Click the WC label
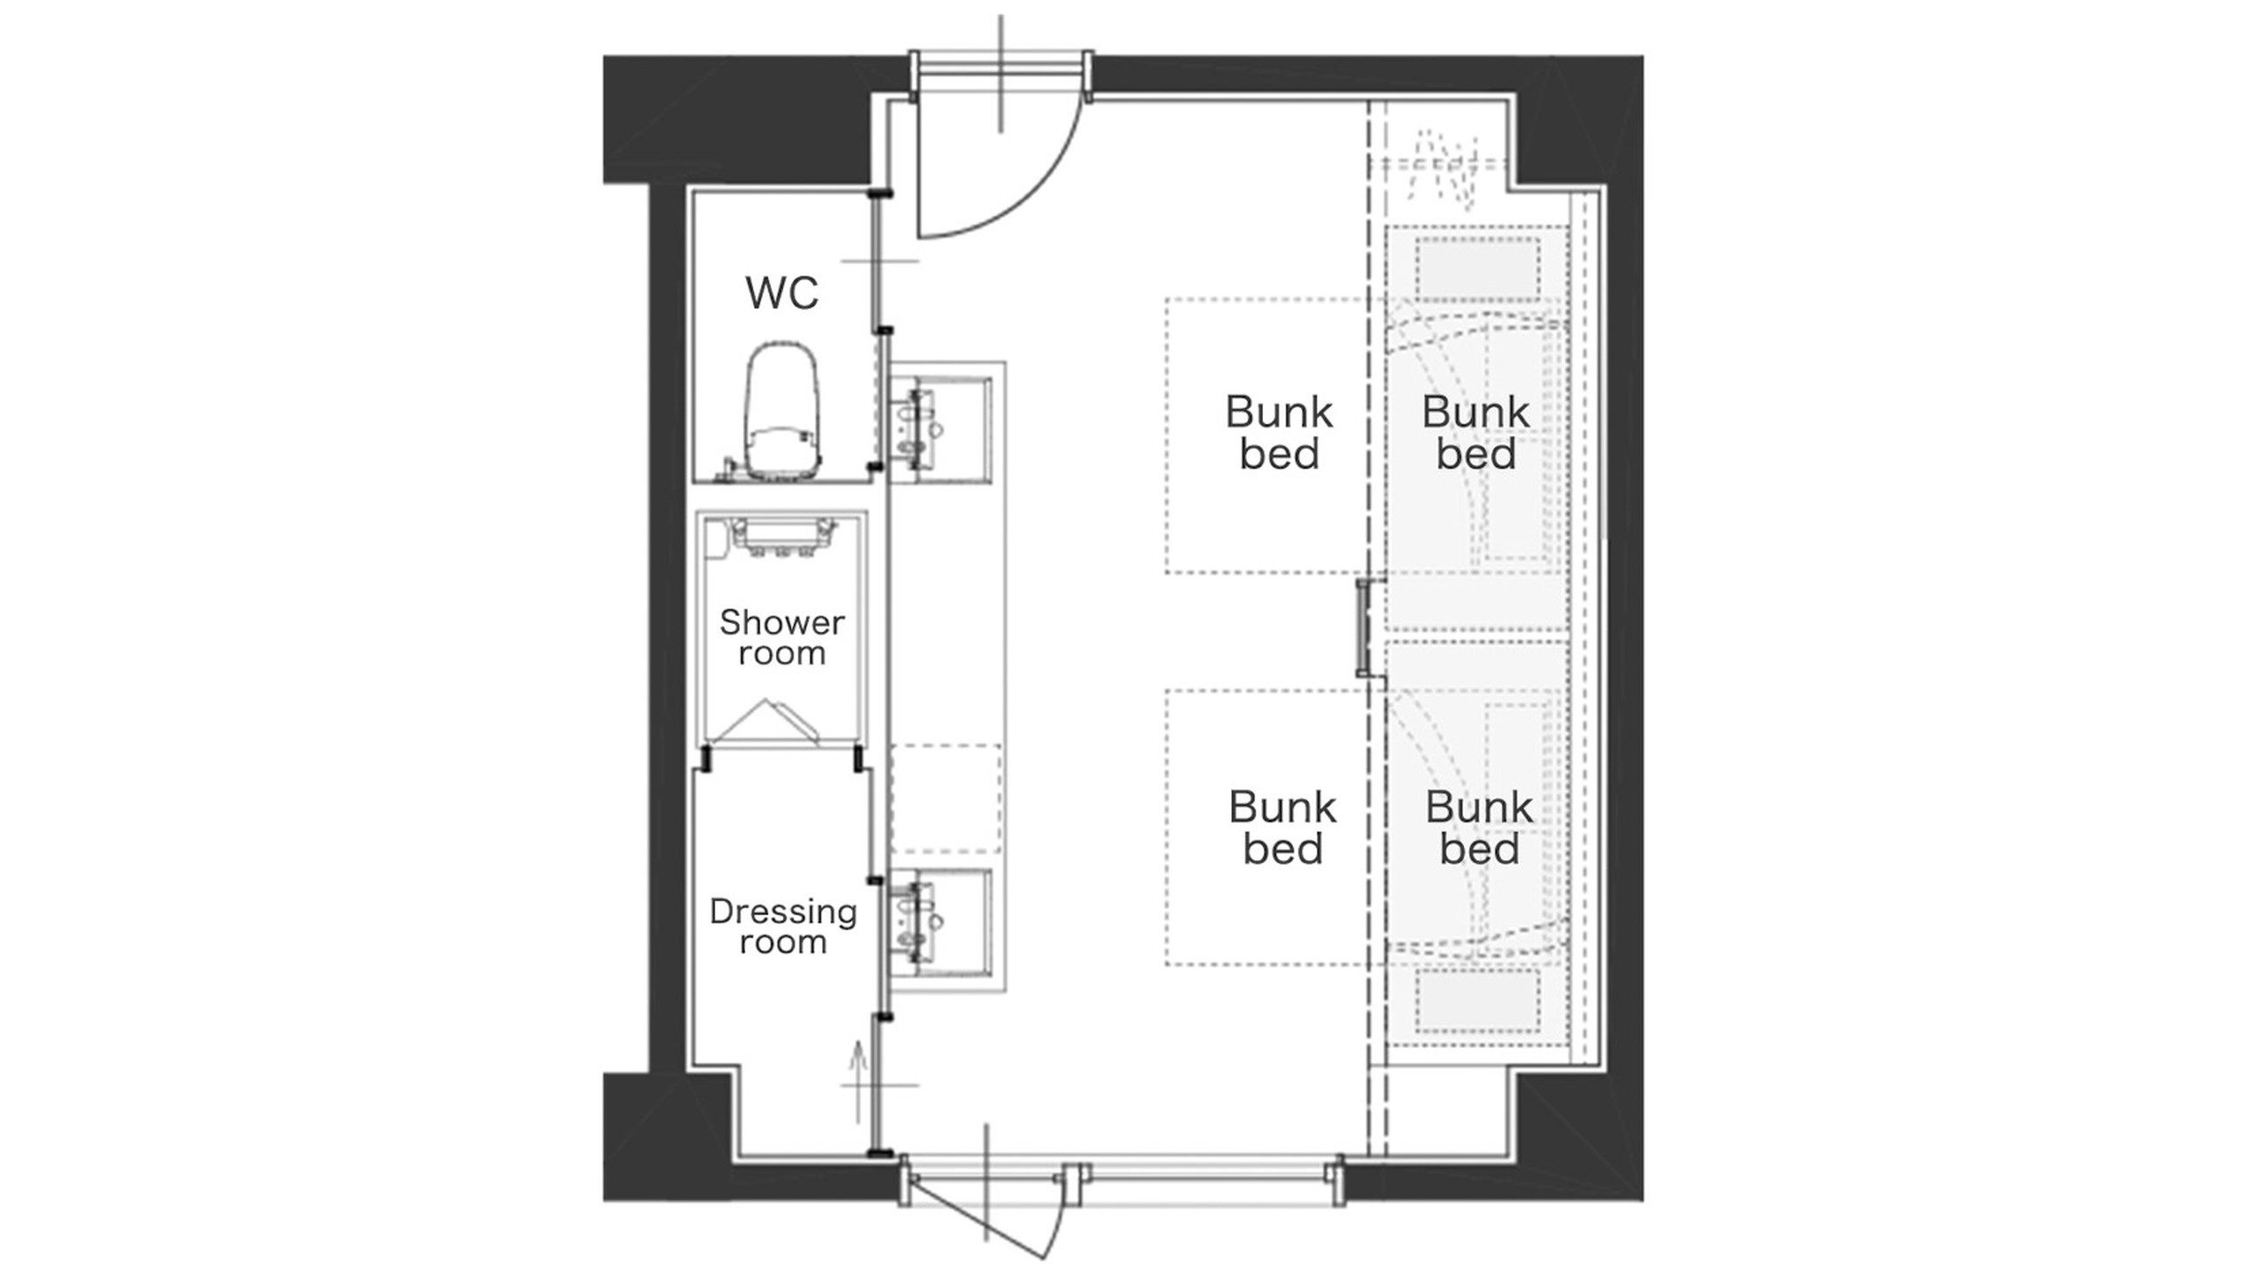pos(782,292)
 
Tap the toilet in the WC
pos(783,412)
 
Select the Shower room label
pos(782,637)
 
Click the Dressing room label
pos(783,926)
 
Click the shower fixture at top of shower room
pos(781,535)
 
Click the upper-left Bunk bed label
pos(1279,433)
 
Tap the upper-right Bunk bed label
pos(1475,433)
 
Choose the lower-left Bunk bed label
pos(1282,828)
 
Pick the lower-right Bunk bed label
pos(1479,828)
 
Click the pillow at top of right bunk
pos(1478,269)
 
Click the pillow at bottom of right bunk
pos(1478,1001)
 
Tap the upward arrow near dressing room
pos(858,1081)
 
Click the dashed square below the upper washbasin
pos(945,799)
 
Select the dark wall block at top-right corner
pos(1580,123)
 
